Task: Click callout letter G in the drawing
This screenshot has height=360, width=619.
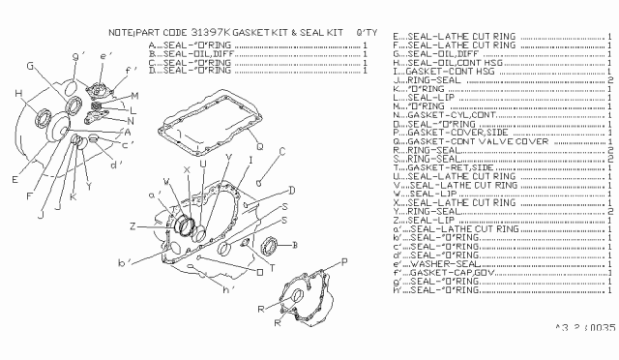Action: (31, 66)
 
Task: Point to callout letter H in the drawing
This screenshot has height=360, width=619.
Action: (18, 93)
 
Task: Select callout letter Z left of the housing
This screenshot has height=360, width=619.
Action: (133, 225)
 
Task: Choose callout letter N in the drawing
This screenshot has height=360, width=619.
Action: (131, 120)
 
